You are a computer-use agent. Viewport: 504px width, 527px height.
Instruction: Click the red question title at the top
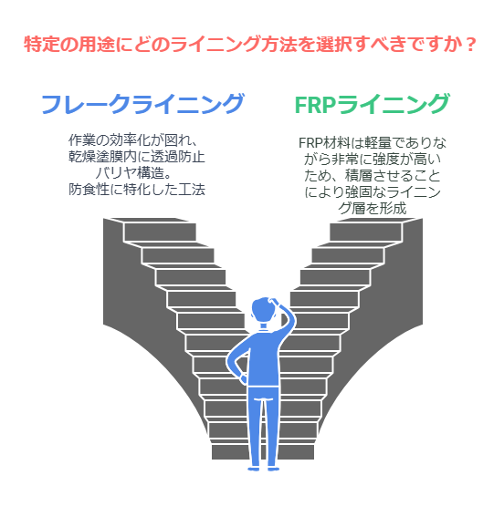[250, 44]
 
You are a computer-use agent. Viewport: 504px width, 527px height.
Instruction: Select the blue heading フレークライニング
[142, 104]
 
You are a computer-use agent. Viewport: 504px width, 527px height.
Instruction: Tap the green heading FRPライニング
[372, 104]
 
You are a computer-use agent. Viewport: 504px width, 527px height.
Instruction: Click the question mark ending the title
[471, 44]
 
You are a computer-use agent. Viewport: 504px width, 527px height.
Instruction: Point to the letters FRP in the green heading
[315, 105]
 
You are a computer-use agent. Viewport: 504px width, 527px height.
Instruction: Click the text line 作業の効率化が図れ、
[132, 140]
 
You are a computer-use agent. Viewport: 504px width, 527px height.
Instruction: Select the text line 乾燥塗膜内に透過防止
[137, 157]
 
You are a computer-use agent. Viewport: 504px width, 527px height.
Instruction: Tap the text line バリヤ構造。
[134, 173]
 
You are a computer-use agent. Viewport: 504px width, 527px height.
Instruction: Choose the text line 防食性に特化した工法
[137, 190]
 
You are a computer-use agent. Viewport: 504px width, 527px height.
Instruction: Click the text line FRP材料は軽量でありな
[373, 143]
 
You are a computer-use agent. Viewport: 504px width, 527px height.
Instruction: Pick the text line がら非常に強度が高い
[373, 160]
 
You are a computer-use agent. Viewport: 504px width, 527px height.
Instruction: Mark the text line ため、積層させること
[373, 176]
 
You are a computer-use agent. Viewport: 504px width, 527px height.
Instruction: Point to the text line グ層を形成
[373, 209]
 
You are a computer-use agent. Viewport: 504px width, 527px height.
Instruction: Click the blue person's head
[263, 311]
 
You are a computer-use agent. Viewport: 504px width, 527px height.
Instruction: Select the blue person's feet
[263, 469]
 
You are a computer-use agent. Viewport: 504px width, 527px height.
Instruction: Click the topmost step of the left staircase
[160, 232]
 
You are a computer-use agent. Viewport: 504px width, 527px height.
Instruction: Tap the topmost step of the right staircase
[365, 232]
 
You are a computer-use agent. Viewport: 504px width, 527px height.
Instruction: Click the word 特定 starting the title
[37, 44]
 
